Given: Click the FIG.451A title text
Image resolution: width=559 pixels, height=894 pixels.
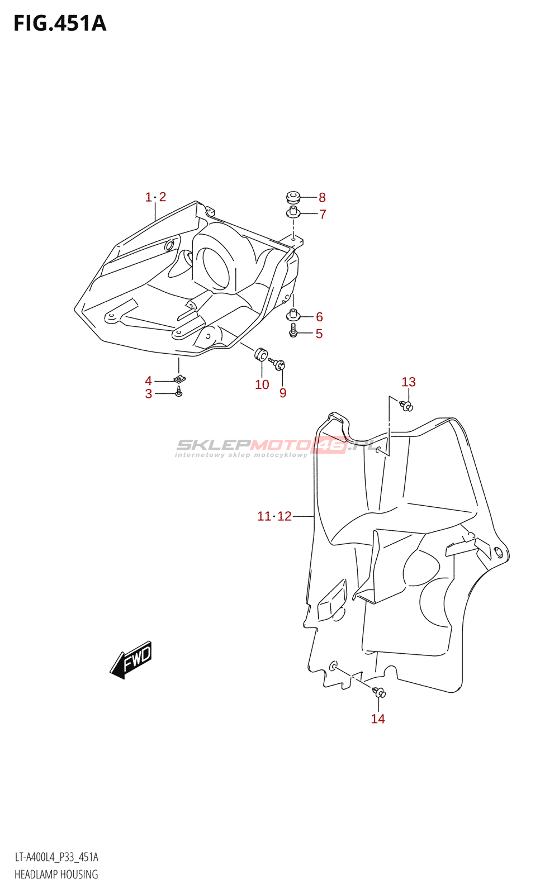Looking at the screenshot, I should pyautogui.click(x=60, y=23).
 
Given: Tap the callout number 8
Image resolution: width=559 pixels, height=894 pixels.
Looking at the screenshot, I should pyautogui.click(x=322, y=197).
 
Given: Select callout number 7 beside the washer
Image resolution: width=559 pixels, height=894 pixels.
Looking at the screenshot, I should pyautogui.click(x=323, y=214).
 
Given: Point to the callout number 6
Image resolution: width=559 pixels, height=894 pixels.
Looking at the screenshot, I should pyautogui.click(x=319, y=317).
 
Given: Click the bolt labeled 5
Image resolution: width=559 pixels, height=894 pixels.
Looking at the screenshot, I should pyautogui.click(x=293, y=332).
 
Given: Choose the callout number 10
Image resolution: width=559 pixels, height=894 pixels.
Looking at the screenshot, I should pyautogui.click(x=262, y=384).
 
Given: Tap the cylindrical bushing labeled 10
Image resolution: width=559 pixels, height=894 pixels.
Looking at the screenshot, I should pyautogui.click(x=260, y=354).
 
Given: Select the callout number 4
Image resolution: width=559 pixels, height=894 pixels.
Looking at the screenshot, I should pyautogui.click(x=148, y=381).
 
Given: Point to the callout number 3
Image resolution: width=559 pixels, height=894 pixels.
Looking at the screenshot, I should pyautogui.click(x=149, y=394).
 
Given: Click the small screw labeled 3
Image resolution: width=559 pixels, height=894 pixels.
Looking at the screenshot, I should pyautogui.click(x=179, y=392).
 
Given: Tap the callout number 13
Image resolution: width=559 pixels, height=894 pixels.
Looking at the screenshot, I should pyautogui.click(x=409, y=382).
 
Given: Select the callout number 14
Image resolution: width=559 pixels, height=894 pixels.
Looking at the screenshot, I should pyautogui.click(x=378, y=719).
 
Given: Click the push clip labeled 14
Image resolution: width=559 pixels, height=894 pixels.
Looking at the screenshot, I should pyautogui.click(x=380, y=693).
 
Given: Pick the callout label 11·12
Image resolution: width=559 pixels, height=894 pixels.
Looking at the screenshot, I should pyautogui.click(x=274, y=516).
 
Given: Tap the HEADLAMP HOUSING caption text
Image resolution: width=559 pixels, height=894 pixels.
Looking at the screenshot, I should pyautogui.click(x=56, y=874).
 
